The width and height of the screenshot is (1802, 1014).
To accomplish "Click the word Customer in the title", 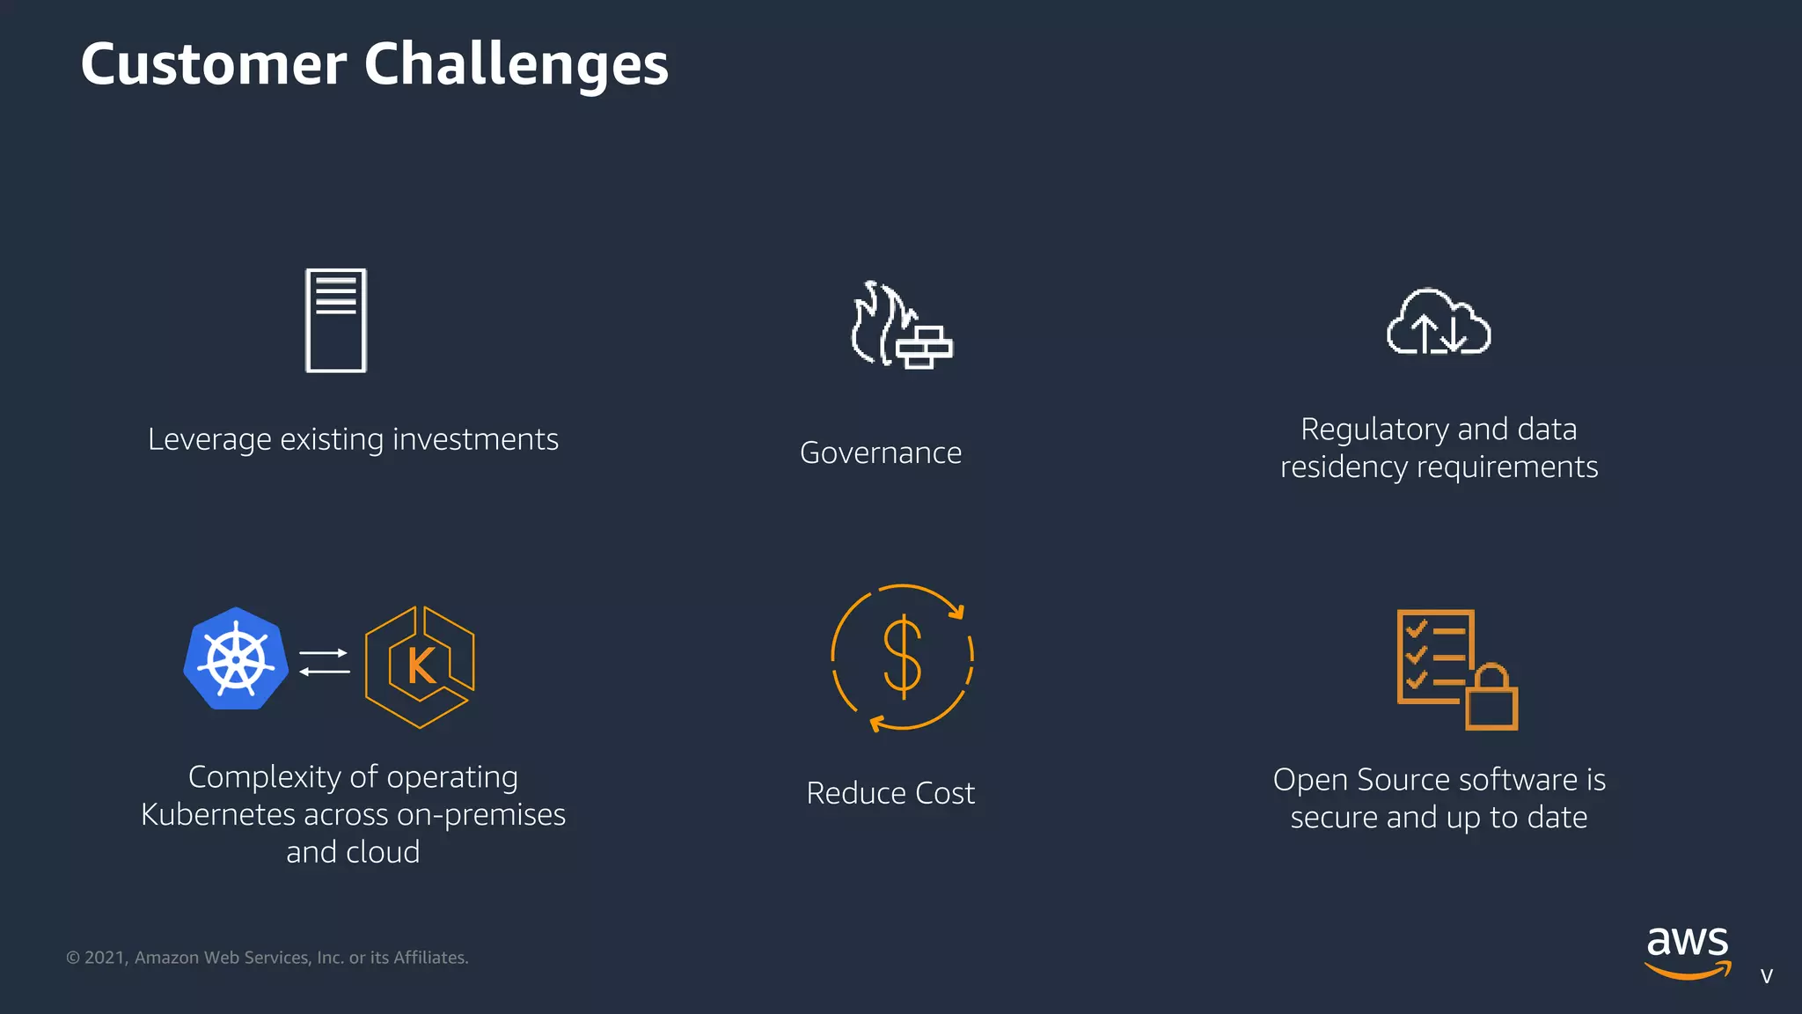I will click(x=214, y=64).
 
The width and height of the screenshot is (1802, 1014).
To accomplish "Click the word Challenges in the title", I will click(x=516, y=64).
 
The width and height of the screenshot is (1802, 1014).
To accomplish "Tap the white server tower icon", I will click(x=335, y=320).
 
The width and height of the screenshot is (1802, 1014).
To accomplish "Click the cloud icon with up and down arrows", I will click(x=1439, y=322).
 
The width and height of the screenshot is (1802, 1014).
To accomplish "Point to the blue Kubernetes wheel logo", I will click(x=236, y=658).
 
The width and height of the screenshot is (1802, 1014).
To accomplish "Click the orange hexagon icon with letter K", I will click(x=421, y=666).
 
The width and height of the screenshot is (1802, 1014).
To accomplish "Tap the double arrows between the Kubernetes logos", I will click(x=324, y=662).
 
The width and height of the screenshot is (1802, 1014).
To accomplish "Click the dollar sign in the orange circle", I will click(x=903, y=657).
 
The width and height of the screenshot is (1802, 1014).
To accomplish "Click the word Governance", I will click(x=881, y=452).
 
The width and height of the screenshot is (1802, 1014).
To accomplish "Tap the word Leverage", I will click(x=209, y=439).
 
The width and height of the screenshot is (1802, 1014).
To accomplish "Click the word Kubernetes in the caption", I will click(x=217, y=815).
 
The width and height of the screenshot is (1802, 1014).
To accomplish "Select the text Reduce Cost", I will click(x=890, y=793).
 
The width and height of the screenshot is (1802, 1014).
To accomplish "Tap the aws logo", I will click(x=1688, y=952).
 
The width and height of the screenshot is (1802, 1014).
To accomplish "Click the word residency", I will click(x=1344, y=467).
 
